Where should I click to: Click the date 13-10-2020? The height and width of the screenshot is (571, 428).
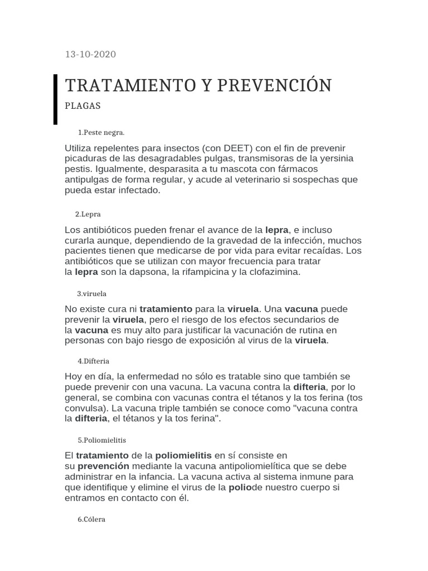[91, 54]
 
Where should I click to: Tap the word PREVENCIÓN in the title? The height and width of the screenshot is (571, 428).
[274, 85]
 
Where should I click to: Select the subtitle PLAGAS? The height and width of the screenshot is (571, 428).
[82, 106]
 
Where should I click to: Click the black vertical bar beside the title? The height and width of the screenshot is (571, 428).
[55, 99]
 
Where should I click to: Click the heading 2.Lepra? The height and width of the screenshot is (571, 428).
[87, 214]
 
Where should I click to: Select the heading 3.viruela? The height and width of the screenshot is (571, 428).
[92, 293]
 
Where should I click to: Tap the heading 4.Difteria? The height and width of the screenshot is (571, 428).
[94, 361]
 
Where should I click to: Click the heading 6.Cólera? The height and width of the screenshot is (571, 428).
[91, 519]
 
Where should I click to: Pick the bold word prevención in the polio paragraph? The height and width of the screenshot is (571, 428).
[103, 466]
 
